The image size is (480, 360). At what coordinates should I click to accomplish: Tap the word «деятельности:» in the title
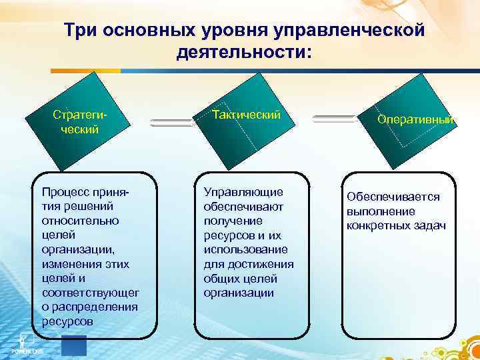click(244, 51)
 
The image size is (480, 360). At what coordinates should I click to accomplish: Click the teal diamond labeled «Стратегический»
click(81, 121)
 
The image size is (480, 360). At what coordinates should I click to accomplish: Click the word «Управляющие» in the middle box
click(243, 192)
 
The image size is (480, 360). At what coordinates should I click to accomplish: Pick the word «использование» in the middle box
click(246, 249)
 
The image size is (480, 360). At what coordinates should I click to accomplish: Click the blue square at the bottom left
click(73, 346)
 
